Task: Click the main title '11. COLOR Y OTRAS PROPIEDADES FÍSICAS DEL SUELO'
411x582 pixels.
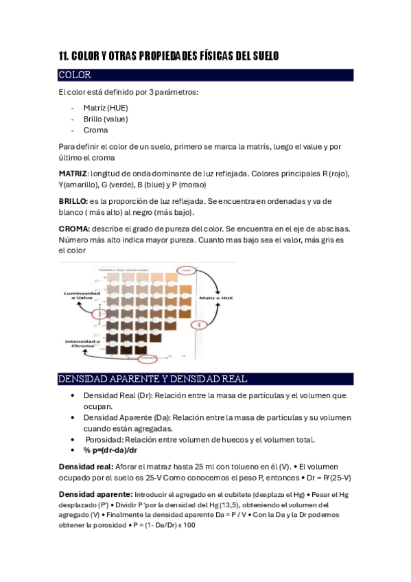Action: pyautogui.click(x=168, y=56)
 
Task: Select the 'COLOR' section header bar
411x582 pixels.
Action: pyautogui.click(x=205, y=75)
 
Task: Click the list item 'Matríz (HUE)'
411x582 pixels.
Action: pyautogui.click(x=105, y=108)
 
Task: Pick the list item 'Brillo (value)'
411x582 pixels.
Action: pyautogui.click(x=105, y=119)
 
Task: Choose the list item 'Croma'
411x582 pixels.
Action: pyautogui.click(x=95, y=130)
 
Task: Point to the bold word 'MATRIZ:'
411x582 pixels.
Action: pyautogui.click(x=73, y=174)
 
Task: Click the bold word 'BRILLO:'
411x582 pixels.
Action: pyautogui.click(x=73, y=201)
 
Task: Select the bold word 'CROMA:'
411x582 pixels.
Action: pyautogui.click(x=74, y=229)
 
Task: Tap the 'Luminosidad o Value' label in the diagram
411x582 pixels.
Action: pyautogui.click(x=82, y=296)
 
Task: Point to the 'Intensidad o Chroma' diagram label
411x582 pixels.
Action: pyautogui.click(x=82, y=343)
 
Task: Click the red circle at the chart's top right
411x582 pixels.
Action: pyautogui.click(x=185, y=270)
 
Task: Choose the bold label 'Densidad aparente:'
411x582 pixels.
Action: pyautogui.click(x=95, y=493)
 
